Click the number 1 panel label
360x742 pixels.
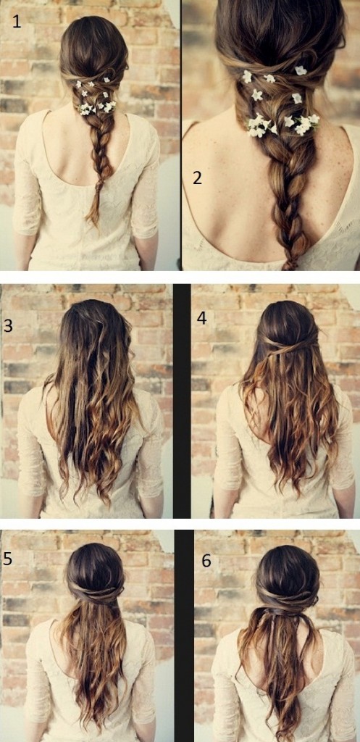click(17, 21)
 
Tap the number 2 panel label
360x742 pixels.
click(197, 178)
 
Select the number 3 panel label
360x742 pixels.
click(8, 325)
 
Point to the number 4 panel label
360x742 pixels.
click(202, 318)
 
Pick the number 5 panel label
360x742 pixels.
click(7, 559)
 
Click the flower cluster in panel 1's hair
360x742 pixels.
click(96, 98)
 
